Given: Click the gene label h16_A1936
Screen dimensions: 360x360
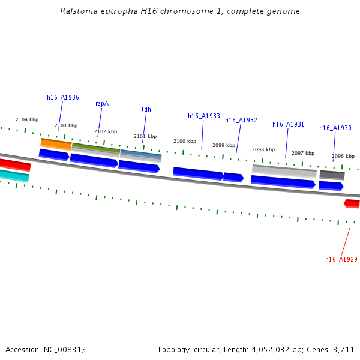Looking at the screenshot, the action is click(x=63, y=97).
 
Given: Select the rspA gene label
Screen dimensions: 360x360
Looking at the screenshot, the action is click(x=102, y=103).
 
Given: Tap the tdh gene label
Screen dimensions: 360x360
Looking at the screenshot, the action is click(x=146, y=109).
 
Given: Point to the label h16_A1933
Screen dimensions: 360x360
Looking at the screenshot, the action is click(x=204, y=116).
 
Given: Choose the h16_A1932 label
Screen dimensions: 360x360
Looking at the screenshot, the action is click(x=241, y=120).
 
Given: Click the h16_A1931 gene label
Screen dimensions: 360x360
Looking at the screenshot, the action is click(x=288, y=124).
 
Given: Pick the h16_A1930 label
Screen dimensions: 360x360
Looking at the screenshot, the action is click(x=335, y=128).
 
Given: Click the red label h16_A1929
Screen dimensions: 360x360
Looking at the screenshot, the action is click(x=341, y=259).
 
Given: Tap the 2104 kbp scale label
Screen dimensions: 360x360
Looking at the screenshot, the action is click(x=27, y=119).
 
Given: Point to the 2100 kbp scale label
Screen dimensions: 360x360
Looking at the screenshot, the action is click(x=185, y=141).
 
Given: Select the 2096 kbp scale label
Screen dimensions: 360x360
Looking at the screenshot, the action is click(x=343, y=156).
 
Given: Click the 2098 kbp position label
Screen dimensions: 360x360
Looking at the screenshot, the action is click(x=263, y=149).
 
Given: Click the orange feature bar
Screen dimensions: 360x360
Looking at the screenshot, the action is click(x=56, y=144).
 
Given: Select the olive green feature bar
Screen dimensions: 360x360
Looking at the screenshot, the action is click(x=95, y=148).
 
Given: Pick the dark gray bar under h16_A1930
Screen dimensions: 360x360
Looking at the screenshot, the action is click(x=332, y=175).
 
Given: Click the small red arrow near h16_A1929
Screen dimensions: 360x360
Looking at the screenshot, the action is click(x=352, y=203).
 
